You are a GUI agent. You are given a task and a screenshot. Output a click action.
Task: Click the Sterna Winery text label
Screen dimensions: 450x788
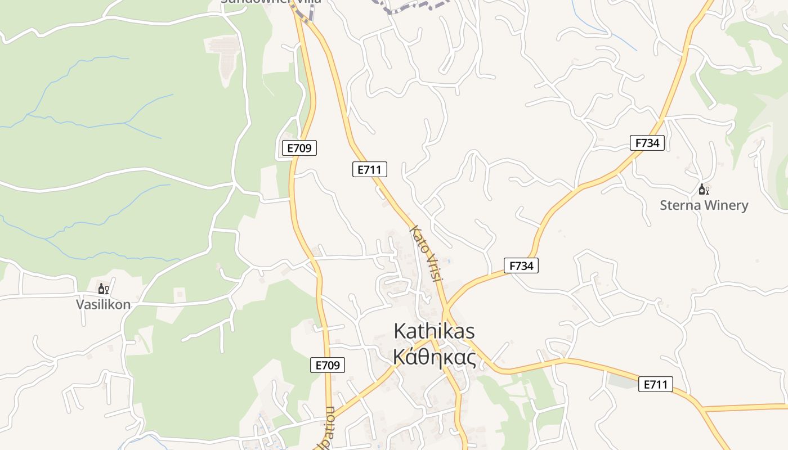pos(704,205)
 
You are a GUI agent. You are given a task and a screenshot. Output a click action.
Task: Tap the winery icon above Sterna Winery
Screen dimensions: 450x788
pos(704,190)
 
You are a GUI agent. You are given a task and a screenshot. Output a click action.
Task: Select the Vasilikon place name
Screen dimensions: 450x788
pos(104,305)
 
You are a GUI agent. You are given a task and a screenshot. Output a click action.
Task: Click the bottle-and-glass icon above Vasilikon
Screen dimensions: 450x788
pos(104,289)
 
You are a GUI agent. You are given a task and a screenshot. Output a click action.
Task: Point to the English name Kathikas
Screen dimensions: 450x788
pos(434,331)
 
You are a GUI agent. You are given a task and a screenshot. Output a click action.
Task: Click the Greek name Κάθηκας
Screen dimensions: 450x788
pos(434,357)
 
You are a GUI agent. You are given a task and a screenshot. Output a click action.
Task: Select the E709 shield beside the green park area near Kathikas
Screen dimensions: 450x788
pos(328,365)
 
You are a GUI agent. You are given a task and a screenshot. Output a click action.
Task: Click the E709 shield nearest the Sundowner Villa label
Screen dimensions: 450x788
pos(299,148)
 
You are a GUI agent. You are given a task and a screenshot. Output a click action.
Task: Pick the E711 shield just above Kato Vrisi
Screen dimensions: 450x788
pos(370,169)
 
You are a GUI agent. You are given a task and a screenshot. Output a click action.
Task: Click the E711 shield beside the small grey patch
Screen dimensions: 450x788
pos(656,385)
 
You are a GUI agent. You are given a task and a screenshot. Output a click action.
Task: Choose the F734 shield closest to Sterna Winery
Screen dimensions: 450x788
pos(647,143)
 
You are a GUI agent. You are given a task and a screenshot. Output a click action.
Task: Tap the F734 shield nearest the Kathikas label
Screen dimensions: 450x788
pos(521,265)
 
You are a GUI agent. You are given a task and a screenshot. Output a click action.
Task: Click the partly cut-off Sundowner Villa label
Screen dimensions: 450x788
pos(271,2)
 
